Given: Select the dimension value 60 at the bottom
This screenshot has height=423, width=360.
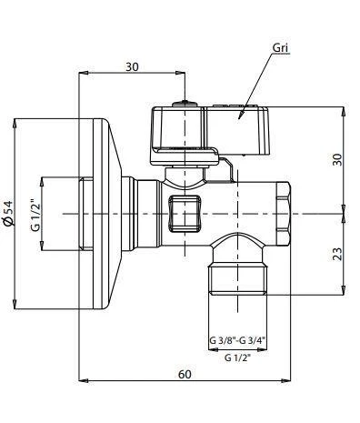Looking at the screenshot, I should coord(185,374).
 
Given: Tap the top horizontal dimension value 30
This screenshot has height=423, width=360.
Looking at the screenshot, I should coord(133,65).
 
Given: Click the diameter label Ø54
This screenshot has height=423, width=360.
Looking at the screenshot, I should coord(10,215).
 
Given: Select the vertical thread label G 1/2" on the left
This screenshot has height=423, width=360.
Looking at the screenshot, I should coord(35,215).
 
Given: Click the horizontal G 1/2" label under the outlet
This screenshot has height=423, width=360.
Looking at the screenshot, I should coord(238,358).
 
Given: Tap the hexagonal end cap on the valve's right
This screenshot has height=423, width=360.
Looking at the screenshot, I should coord(283,214).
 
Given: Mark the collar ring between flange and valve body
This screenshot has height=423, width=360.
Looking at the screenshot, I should coord(145,214).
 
